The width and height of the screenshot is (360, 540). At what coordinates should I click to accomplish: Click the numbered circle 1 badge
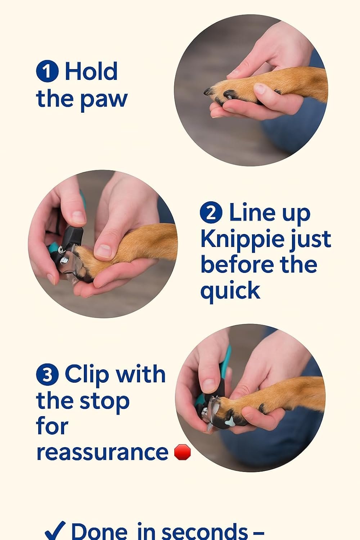[x=47, y=71]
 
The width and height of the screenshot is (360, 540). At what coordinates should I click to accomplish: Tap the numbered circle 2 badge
[x=211, y=212]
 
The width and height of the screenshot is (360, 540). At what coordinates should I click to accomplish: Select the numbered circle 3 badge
[x=47, y=374]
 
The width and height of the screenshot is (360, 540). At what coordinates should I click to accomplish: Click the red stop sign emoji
[x=182, y=452]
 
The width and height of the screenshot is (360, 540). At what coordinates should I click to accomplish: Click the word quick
[x=230, y=291]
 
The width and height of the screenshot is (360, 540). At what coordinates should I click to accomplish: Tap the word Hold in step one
[x=91, y=71]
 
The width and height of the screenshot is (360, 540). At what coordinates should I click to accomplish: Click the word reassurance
[x=102, y=452]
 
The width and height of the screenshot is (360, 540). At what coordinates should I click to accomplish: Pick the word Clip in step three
[x=87, y=374]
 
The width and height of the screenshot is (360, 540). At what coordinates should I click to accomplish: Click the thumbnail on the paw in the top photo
[x=260, y=88]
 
